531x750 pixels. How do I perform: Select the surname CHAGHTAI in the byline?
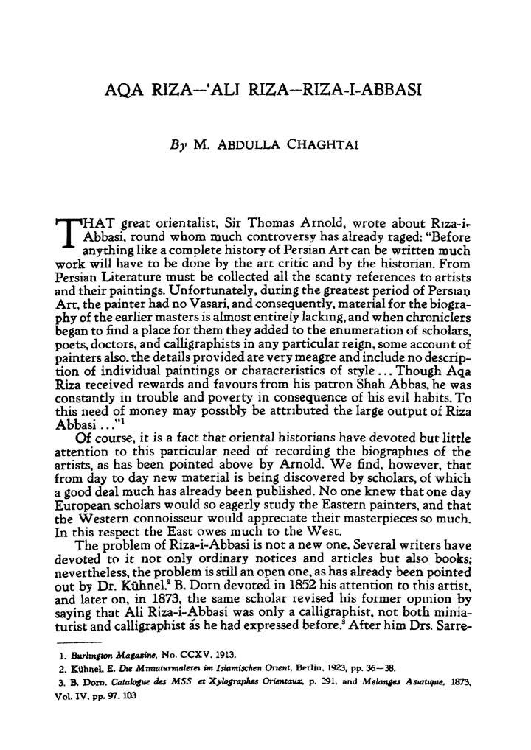324,146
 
